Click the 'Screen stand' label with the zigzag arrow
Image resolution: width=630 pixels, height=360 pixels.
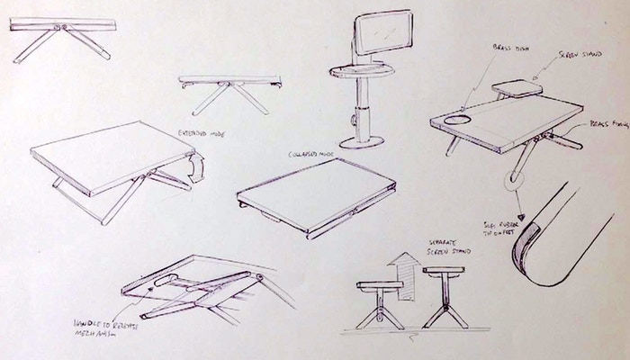pyautogui.click(x=567, y=55)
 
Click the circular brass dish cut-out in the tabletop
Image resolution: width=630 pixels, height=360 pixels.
pyautogui.click(x=455, y=118)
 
